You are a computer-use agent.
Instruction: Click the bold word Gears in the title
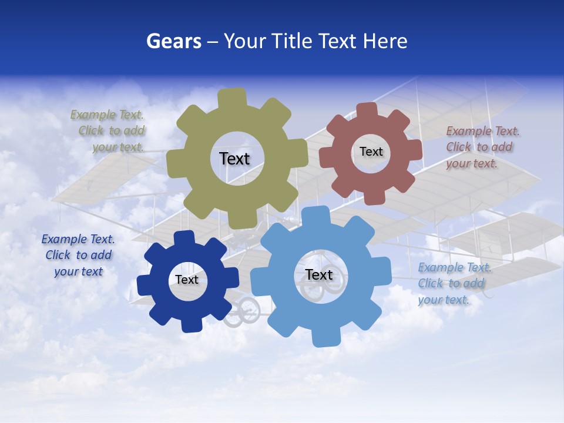pyautogui.click(x=173, y=41)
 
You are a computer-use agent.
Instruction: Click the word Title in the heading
pyautogui.click(x=292, y=41)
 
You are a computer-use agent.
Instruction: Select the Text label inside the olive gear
pyautogui.click(x=234, y=159)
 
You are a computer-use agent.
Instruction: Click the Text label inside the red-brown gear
pyautogui.click(x=371, y=152)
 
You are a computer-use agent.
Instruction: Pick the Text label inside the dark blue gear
pyautogui.click(x=187, y=280)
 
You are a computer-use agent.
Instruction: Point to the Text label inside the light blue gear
pyautogui.click(x=319, y=274)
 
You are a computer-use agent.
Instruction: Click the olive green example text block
pyautogui.click(x=109, y=131)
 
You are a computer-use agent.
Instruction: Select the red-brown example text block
pyautogui.click(x=481, y=147)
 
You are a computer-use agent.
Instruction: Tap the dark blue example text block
pyautogui.click(x=78, y=255)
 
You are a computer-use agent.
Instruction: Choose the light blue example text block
pyautogui.click(x=454, y=284)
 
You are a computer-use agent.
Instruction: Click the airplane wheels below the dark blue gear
pyautogui.click(x=243, y=312)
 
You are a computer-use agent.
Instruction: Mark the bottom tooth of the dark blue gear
pyautogui.click(x=191, y=324)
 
